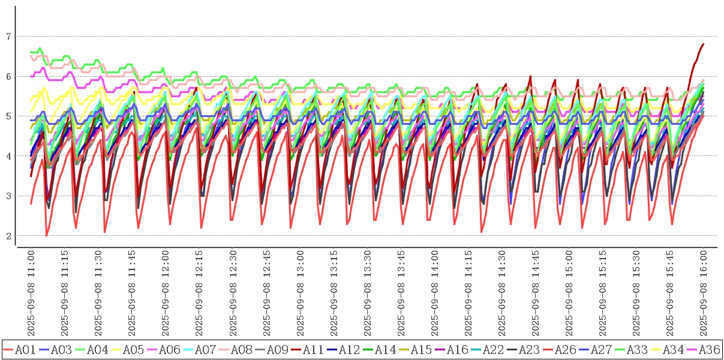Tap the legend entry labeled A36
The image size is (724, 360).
click(x=707, y=349)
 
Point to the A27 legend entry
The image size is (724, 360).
click(x=599, y=349)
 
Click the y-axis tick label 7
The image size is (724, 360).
click(x=8, y=37)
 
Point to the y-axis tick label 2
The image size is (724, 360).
click(x=8, y=236)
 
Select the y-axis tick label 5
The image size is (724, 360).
click(x=8, y=116)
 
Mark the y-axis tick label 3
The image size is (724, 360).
click(x=8, y=196)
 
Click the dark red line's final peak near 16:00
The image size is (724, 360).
click(x=703, y=44)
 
